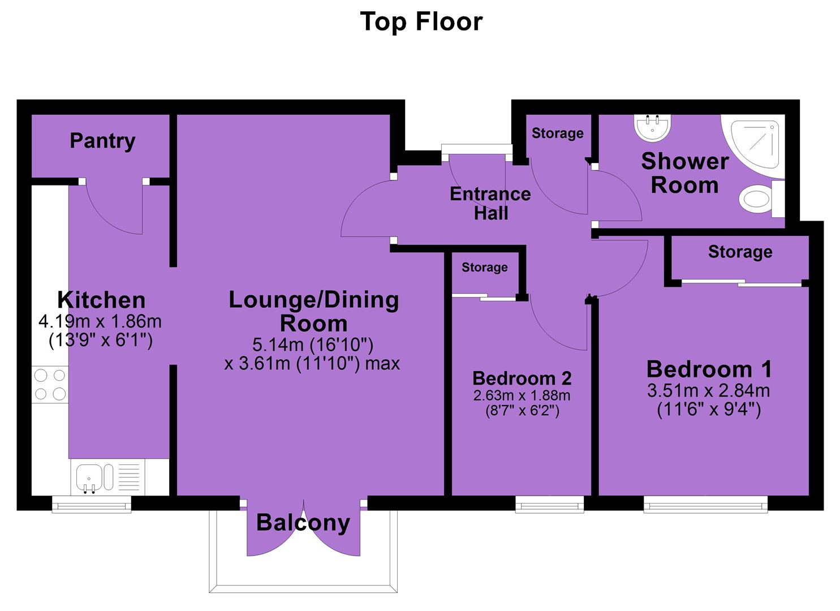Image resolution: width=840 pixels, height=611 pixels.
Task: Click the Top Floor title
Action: coord(421,21)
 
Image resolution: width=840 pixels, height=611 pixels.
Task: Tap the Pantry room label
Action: coord(102,141)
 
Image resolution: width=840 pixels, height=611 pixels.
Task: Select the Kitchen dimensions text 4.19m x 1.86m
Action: coord(100,321)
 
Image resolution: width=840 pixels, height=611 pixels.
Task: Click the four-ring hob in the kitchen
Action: coord(50,385)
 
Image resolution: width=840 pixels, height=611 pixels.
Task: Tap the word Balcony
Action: coord(303,523)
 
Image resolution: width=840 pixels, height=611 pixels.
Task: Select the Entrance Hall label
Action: coord(490,204)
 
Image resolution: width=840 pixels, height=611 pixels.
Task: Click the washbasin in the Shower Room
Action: coord(653,128)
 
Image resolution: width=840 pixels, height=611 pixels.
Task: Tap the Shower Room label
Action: coord(685,173)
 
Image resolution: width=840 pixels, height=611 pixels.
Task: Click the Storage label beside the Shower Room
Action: coord(558,133)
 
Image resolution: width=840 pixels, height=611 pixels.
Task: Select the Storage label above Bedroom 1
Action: coord(740,252)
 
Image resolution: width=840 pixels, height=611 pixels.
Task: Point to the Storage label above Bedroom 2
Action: coord(485,267)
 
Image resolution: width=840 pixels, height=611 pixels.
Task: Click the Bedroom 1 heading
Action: coord(709,369)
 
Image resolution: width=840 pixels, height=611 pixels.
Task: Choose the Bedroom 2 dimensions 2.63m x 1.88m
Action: coord(522,395)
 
